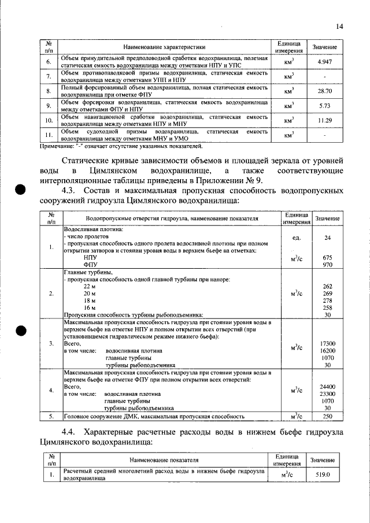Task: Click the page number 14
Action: [339, 26]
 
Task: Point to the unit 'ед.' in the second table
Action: [298, 238]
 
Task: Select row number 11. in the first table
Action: [50, 135]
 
